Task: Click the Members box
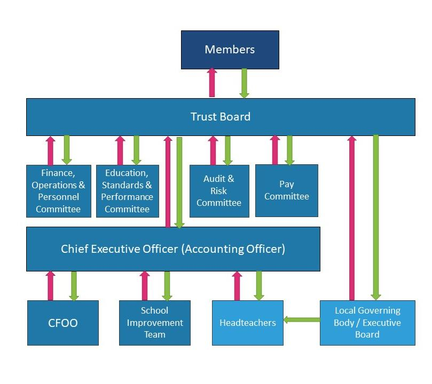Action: click(x=230, y=50)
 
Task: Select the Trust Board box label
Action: click(x=220, y=116)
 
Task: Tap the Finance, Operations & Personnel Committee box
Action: click(x=58, y=191)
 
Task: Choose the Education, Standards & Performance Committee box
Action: click(x=127, y=191)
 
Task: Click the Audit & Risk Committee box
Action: click(x=219, y=191)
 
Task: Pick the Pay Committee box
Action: click(x=286, y=190)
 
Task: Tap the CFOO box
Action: click(x=63, y=323)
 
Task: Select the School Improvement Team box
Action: click(x=154, y=323)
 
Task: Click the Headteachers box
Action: click(x=248, y=323)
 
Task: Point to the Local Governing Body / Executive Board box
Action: click(x=367, y=323)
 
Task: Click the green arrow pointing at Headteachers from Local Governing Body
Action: click(x=301, y=319)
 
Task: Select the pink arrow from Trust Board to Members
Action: click(x=212, y=83)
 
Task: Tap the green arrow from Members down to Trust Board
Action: click(x=244, y=83)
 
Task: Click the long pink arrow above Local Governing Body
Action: click(x=351, y=219)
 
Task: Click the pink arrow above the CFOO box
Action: click(x=50, y=286)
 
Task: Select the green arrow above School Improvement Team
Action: click(x=167, y=286)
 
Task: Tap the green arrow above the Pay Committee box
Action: click(x=289, y=150)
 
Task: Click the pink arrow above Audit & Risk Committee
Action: click(x=213, y=150)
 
